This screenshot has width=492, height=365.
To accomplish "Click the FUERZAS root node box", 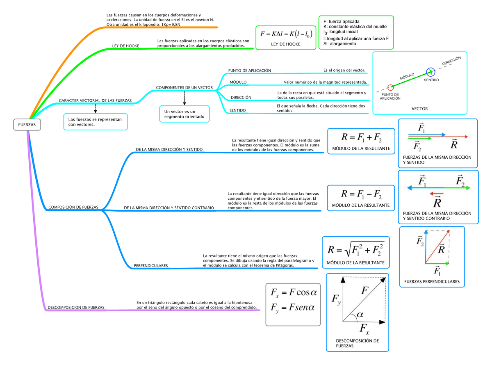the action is [27, 125].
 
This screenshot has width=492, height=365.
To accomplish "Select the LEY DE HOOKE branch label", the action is [125, 46].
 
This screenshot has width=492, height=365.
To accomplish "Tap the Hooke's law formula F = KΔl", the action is [286, 34].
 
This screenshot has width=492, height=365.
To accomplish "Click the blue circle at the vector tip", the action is [430, 72].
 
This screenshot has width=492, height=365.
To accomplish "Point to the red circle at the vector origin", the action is [390, 87].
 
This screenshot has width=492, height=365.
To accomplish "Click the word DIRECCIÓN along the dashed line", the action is [451, 61].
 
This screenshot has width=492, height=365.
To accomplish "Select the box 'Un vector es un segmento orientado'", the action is [184, 114].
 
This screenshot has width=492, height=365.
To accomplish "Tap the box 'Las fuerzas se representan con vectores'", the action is [96, 122].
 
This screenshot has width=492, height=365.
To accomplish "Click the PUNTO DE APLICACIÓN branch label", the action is [249, 71].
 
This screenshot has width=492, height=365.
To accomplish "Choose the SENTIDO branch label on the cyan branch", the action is [237, 110].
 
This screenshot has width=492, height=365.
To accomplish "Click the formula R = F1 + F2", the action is [361, 137].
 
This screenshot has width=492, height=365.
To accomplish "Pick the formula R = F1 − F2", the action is [361, 194].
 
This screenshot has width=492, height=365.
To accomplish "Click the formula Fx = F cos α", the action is [294, 292].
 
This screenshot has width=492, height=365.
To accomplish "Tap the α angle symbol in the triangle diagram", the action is [360, 314].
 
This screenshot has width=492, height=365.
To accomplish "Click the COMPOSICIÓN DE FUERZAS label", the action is [73, 207].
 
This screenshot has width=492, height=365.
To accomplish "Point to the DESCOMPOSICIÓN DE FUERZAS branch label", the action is [76, 307].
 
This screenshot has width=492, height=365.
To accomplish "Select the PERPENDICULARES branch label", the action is [150, 265].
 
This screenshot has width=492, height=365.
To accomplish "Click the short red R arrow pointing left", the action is [436, 194].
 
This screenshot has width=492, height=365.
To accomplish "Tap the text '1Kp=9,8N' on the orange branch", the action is [171, 25].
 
